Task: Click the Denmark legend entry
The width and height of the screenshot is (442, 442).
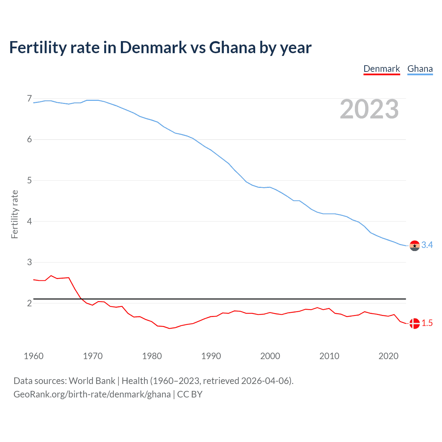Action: click(382, 69)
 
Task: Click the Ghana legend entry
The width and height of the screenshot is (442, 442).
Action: click(420, 69)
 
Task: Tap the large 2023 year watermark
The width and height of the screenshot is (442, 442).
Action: click(369, 109)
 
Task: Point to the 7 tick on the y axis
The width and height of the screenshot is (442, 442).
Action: click(29, 99)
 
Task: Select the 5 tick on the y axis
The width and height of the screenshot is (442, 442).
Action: click(29, 180)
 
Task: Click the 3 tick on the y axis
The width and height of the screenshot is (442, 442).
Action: click(29, 262)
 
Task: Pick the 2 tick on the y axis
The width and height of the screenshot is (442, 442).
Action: click(29, 303)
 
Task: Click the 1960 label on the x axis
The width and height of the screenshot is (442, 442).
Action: click(33, 356)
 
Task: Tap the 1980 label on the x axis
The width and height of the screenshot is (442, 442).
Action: click(152, 356)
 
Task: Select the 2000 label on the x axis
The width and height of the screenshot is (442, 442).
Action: click(270, 356)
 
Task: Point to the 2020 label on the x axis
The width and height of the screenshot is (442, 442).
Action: click(388, 356)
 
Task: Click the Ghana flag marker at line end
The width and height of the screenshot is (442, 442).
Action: click(414, 246)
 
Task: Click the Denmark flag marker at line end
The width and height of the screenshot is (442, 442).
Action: click(414, 324)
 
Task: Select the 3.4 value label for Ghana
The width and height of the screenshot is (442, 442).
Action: click(427, 245)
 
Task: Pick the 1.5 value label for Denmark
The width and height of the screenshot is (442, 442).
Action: click(427, 323)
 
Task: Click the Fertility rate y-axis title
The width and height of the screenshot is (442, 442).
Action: click(15, 214)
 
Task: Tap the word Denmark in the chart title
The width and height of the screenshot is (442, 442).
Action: click(153, 48)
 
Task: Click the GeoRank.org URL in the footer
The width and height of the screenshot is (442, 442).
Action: click(92, 394)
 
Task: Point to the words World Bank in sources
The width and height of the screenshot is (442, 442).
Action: click(92, 381)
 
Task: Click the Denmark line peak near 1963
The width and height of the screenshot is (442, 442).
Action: click(51, 276)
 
